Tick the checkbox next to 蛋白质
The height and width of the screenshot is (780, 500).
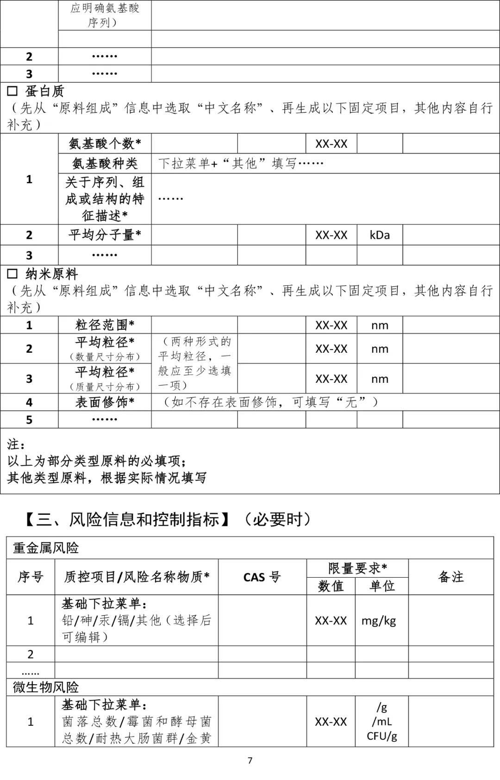pos(12,91)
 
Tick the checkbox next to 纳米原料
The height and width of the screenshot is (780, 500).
pos(12,274)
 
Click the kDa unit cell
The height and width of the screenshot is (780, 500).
pos(380,235)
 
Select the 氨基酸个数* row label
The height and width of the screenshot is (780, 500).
pos(105,144)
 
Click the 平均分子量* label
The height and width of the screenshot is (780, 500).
pos(105,235)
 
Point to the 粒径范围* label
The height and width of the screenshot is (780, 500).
pos(105,325)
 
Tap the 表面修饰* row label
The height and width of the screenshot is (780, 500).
pos(105,402)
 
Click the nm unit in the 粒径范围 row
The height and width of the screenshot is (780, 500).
pos(380,325)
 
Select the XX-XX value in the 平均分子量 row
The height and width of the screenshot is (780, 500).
pos(331,235)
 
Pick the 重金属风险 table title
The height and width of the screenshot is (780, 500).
pos(46,548)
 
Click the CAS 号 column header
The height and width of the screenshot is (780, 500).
pos(262,577)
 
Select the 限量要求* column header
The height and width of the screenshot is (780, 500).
pos(357,568)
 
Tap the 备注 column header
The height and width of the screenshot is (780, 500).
pos(450,577)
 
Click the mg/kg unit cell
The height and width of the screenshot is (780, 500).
pos(379,621)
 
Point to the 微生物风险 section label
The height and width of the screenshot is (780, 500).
pos(46,687)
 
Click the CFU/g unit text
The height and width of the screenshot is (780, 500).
pos(381,736)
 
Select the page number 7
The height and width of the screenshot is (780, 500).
pos(250,761)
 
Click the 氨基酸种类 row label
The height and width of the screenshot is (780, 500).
pos(105,163)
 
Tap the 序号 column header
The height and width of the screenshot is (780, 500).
pos(31,577)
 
